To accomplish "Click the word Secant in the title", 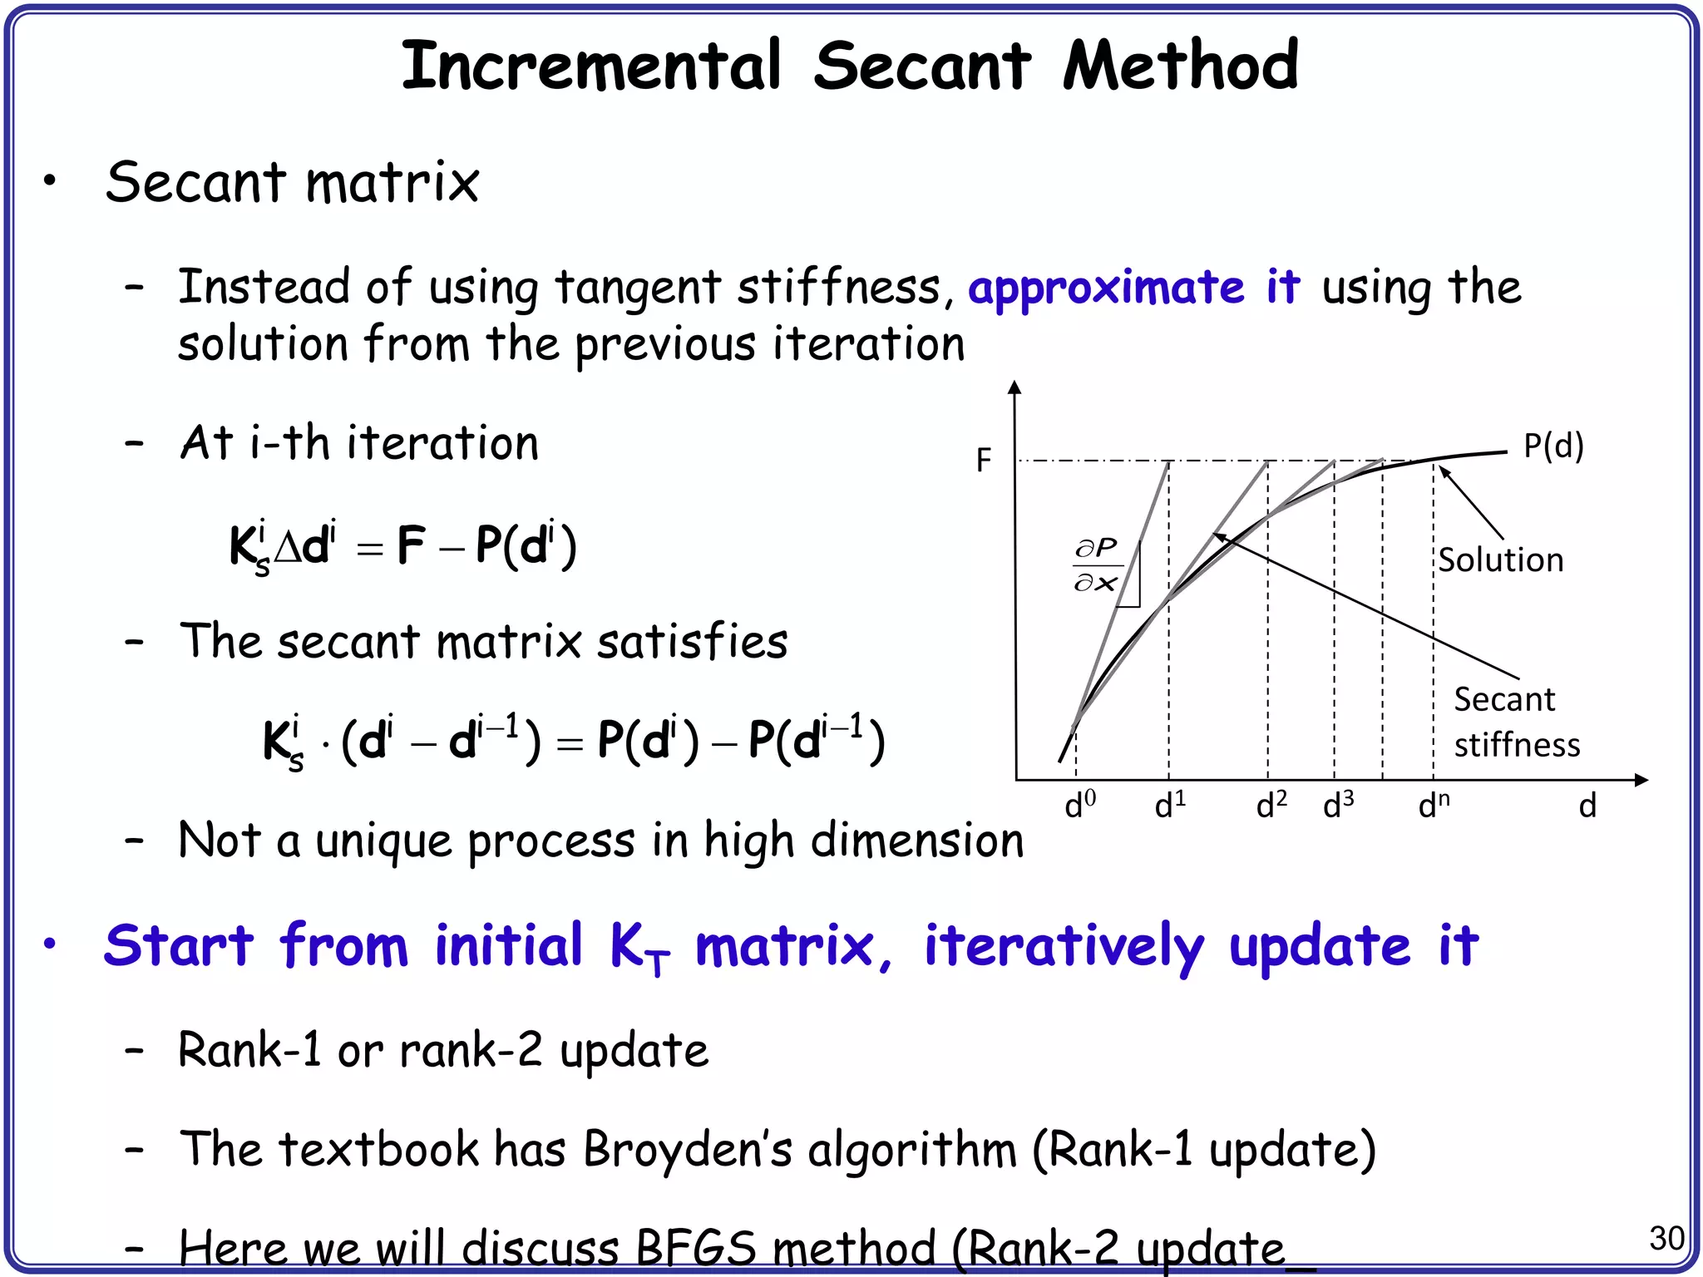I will tap(922, 67).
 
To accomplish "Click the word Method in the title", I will tap(1181, 67).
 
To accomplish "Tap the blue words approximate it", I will tap(1133, 288).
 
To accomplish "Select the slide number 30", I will tap(1666, 1239).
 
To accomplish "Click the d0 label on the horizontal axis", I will tap(1080, 805).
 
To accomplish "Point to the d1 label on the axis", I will tap(1170, 805).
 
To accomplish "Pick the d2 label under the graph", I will tap(1271, 805).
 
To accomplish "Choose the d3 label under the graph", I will tap(1338, 805).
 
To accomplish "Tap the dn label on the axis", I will tap(1434, 805).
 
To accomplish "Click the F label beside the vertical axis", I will tap(984, 460).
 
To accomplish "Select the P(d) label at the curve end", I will tap(1553, 446).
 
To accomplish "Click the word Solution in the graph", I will tap(1501, 560).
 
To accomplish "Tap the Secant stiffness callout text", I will tap(1515, 722).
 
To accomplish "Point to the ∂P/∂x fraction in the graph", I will tap(1096, 565).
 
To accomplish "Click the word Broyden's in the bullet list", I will tap(687, 1151).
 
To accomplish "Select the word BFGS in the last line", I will tap(695, 1249).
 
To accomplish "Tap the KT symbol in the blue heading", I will tap(639, 949).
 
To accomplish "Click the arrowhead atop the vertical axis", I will tap(1014, 387).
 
